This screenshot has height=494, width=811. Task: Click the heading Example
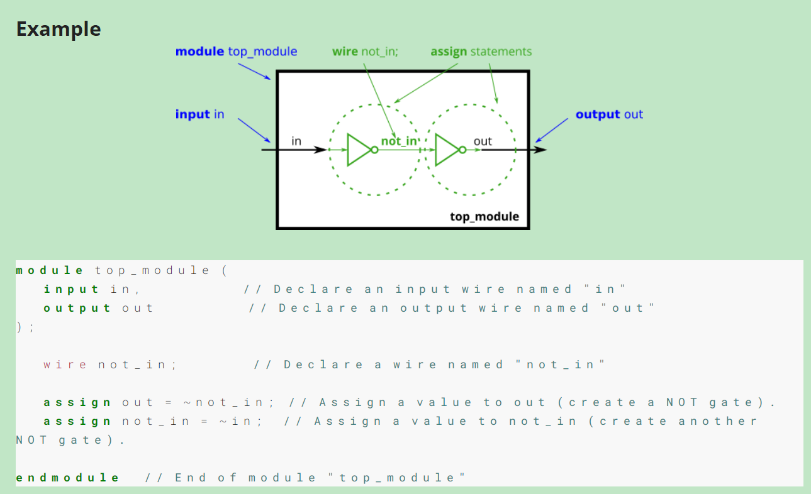[59, 30]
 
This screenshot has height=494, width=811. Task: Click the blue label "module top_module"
[236, 52]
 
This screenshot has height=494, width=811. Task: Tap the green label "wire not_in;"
[365, 52]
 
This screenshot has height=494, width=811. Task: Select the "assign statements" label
[481, 52]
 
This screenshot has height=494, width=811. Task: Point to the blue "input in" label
[199, 114]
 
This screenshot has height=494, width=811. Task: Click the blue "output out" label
[609, 114]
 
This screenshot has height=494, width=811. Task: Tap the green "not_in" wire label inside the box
[399, 141]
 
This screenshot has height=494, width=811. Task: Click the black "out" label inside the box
[483, 141]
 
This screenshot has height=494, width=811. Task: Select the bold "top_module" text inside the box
[484, 217]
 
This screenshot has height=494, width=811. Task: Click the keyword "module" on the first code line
[49, 270]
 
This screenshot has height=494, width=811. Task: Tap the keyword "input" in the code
[72, 289]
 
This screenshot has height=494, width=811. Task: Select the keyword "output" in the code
[77, 308]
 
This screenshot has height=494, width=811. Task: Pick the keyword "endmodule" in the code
[67, 478]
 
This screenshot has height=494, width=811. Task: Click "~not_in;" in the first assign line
[230, 402]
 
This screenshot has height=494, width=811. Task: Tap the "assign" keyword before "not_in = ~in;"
[77, 421]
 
